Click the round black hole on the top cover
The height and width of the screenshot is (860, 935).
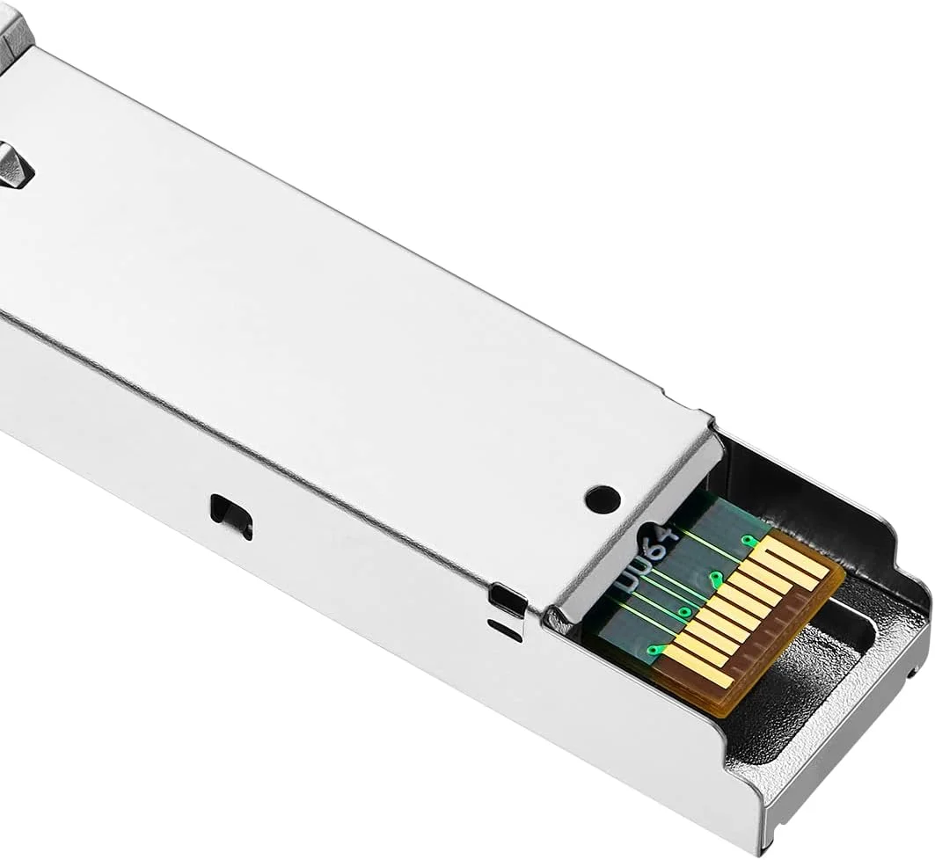click(x=603, y=499)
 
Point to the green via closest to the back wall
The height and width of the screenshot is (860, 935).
click(x=749, y=541)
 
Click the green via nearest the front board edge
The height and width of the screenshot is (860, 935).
click(x=653, y=650)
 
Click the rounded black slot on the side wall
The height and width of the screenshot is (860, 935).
click(x=231, y=515)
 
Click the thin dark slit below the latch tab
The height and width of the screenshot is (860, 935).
click(x=504, y=630)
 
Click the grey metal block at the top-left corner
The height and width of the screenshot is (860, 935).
click(x=13, y=26)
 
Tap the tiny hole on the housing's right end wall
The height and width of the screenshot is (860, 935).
click(x=915, y=673)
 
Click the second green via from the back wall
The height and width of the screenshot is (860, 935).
click(x=717, y=579)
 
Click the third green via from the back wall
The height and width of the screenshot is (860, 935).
click(x=684, y=611)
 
